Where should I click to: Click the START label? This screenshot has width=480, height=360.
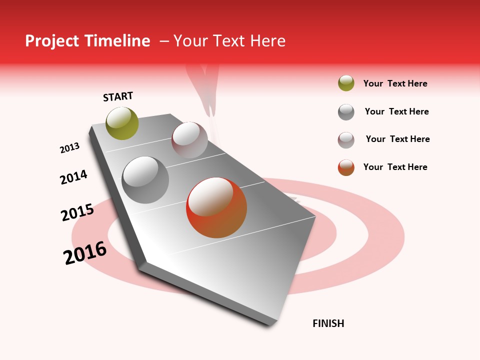pos(118,96)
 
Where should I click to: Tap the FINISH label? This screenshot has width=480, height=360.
pos(328,323)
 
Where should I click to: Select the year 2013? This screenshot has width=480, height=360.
pos(69,147)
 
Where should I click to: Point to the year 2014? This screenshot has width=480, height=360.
pos(73,177)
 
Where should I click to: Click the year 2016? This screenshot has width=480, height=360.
pos(85,253)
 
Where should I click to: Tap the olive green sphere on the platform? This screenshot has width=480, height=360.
pos(122,123)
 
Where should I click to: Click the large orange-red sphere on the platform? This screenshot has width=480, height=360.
pos(216,207)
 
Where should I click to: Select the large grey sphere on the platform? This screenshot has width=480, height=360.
pos(145,180)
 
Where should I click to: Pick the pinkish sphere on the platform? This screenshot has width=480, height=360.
pos(189,140)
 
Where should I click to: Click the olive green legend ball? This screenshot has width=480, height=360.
pos(346,83)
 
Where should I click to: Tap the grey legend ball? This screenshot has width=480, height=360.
pos(346,112)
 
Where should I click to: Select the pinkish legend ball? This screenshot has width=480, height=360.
pos(346,140)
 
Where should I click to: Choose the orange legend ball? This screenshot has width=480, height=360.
pos(346,167)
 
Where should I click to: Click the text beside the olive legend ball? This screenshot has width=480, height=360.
pos(395,83)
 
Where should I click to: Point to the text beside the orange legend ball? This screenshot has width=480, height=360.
pos(395,167)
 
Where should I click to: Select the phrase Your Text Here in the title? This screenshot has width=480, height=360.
pos(229,41)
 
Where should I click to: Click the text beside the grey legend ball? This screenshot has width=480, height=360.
pos(396,111)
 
